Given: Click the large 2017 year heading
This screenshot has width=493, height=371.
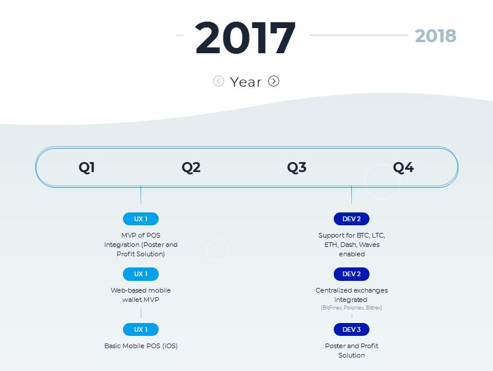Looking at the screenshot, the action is coord(245,37).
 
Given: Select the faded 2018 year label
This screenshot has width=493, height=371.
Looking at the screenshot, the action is coord(436,36).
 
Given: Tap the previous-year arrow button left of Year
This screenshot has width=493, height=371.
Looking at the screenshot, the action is coord(218,81).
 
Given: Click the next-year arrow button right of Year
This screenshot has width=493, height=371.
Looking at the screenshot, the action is coord(273,81).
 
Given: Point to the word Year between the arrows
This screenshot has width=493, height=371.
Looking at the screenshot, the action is coord(245,82).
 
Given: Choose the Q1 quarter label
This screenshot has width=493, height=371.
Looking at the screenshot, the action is coord(87,167).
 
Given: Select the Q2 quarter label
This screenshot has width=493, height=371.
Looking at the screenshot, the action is coord(191,167).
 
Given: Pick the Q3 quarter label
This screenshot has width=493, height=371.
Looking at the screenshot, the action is coord(296,167).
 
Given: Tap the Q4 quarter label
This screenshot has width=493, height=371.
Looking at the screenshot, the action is coord(403,167).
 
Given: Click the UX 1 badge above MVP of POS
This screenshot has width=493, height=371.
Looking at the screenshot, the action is coord(141,219).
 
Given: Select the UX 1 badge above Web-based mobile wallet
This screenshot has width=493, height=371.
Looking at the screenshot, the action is coord(141,274).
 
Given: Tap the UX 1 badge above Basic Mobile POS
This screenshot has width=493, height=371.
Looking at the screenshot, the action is coord(141,329).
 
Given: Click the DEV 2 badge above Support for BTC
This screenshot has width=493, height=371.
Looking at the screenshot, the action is coord(351,219).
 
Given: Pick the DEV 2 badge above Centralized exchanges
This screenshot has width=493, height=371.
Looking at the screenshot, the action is coord(351,274).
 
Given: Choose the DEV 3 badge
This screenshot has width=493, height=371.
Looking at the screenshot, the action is coord(351,329).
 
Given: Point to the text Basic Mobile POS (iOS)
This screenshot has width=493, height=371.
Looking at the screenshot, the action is coord(141,346).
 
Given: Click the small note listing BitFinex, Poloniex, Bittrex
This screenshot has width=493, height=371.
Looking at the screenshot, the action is coord(351,308).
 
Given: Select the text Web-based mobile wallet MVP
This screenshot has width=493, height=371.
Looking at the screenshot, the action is coord(141,295).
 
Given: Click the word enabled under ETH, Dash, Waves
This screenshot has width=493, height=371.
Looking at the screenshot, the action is coord(352,254).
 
